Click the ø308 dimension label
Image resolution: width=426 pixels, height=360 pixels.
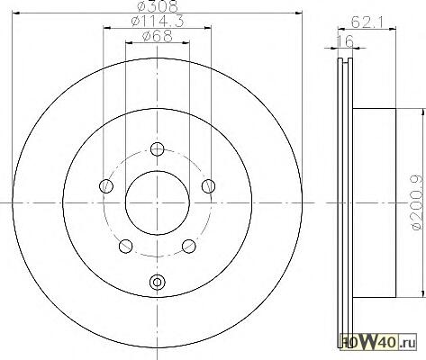pos(158,6)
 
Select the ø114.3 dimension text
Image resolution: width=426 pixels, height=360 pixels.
pos(158,22)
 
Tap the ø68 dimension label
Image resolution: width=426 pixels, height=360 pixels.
pos(158,36)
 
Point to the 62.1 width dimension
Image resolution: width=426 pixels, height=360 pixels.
pos(367,22)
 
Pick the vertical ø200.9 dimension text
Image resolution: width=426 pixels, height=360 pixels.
pos(419,203)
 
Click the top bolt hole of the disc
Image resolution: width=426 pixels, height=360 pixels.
pos(157,149)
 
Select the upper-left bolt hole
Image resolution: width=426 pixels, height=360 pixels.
pos(106,186)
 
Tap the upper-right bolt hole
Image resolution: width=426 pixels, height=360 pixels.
pos(208,186)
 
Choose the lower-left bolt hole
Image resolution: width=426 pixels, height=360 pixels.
pos(126,246)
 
